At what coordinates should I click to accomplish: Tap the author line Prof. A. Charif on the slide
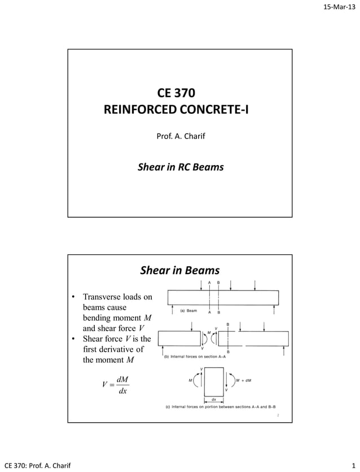point(179,136)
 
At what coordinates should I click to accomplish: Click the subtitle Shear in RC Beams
point(180,167)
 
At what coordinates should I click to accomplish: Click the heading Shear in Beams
point(179,271)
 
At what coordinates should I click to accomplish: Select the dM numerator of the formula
point(122,380)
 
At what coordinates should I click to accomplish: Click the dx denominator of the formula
point(122,391)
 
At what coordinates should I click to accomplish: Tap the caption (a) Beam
point(188,311)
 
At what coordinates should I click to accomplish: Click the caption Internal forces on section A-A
point(207,357)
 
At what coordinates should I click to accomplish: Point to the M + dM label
point(242,380)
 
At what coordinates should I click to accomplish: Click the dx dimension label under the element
point(214,399)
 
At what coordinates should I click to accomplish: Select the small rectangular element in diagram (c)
point(214,382)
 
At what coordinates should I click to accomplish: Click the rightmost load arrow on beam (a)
point(256,284)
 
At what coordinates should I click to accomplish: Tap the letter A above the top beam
point(209,282)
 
